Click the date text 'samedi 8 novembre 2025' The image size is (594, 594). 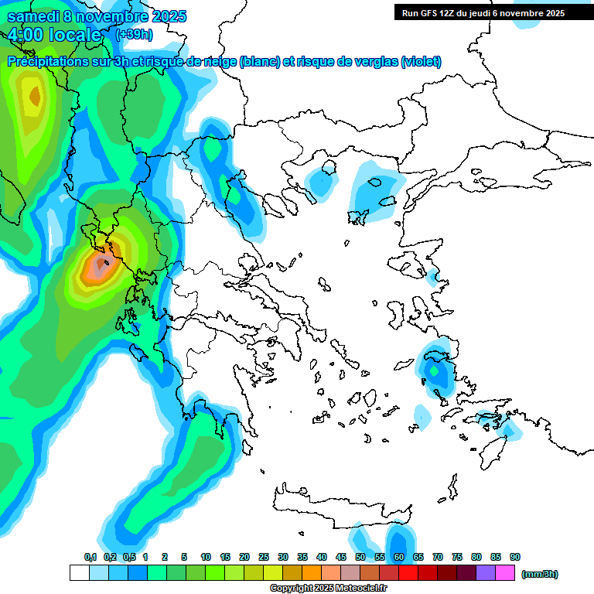[97, 16]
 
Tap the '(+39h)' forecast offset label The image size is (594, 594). [134, 34]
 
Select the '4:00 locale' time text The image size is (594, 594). [55, 35]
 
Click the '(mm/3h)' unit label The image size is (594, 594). [540, 574]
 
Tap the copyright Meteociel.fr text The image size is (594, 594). [328, 589]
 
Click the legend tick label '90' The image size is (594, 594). [515, 557]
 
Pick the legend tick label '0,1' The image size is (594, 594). [90, 557]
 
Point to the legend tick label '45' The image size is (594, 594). [341, 557]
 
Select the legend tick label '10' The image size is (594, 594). [206, 557]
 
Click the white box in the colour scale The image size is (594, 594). [80, 573]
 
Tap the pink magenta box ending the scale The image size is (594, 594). [505, 573]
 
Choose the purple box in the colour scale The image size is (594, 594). [486, 573]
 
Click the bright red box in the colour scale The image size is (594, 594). [408, 573]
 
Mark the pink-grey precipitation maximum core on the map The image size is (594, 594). [100, 268]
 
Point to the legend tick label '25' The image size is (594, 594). [264, 557]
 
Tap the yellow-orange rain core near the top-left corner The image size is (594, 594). [33, 97]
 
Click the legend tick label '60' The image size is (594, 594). [399, 557]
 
